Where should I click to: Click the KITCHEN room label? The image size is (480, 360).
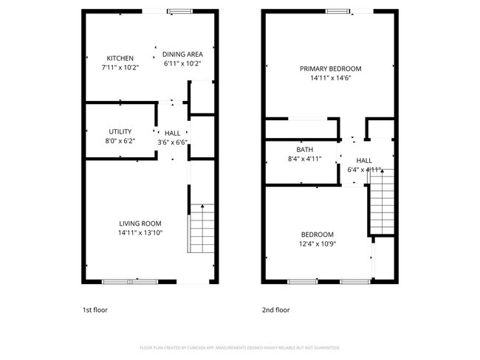[120, 58]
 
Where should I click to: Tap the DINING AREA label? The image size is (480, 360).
[182, 54]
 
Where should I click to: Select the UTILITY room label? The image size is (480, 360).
[120, 131]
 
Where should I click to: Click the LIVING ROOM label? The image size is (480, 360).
[140, 224]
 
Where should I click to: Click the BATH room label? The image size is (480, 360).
[305, 149]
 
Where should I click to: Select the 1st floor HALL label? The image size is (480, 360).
[173, 133]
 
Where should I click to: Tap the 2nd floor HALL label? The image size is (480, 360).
[364, 160]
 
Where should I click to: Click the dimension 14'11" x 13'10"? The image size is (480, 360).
[140, 233]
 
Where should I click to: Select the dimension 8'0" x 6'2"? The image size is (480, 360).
[120, 141]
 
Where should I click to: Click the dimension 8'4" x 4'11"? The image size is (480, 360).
[305, 159]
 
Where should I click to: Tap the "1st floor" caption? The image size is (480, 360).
[95, 310]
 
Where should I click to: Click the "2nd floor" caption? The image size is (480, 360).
[276, 310]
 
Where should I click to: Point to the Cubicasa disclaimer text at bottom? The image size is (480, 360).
[240, 347]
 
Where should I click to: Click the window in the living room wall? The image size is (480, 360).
[129, 281]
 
